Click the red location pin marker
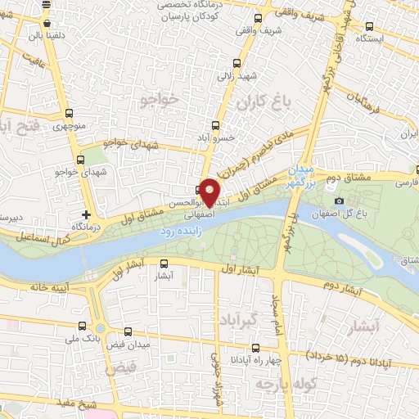(x=209, y=191)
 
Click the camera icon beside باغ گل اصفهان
(x=339, y=201)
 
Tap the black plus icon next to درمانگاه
(x=86, y=214)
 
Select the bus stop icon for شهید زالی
(x=237, y=64)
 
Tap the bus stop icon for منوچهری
(x=69, y=114)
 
